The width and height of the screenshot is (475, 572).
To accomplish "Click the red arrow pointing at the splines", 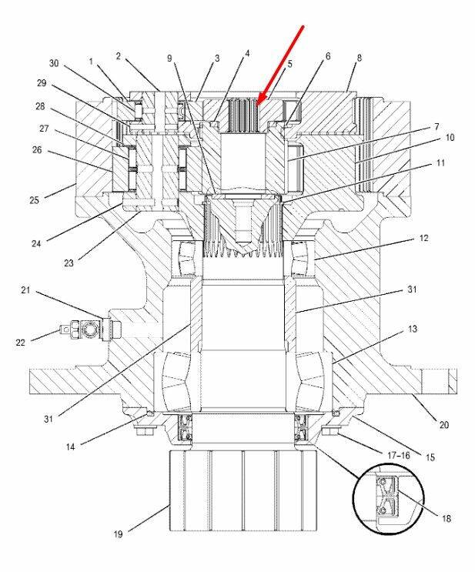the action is (279, 66).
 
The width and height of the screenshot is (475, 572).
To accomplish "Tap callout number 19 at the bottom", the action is (118, 534).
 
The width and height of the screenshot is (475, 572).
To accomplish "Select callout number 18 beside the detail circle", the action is (447, 518).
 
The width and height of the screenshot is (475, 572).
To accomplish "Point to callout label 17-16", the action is (398, 455).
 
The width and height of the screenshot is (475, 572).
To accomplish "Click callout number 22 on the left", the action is (21, 342).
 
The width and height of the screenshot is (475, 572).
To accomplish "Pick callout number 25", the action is (35, 200).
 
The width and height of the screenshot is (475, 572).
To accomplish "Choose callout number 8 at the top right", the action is (360, 58).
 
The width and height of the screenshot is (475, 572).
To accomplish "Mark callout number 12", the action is (423, 238).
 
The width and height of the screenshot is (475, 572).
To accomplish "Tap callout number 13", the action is (412, 329).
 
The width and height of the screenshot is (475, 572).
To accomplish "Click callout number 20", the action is (443, 425).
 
